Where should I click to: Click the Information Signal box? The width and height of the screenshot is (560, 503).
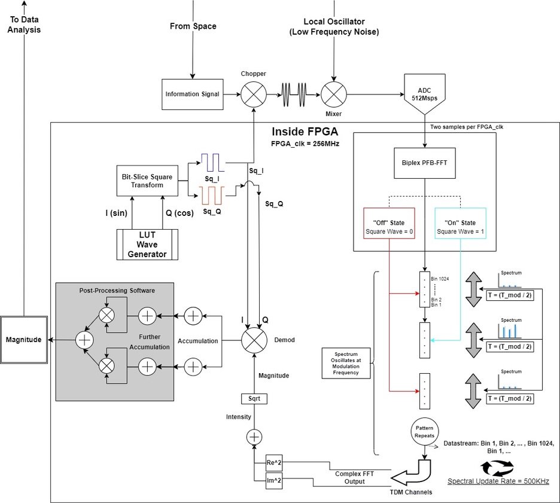click(x=191, y=94)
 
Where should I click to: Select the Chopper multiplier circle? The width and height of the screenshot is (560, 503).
click(x=253, y=94)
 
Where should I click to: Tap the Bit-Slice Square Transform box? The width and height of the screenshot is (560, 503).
click(x=146, y=181)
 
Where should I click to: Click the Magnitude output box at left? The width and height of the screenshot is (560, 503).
click(x=24, y=340)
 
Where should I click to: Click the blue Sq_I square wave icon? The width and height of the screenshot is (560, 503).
click(x=211, y=161)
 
